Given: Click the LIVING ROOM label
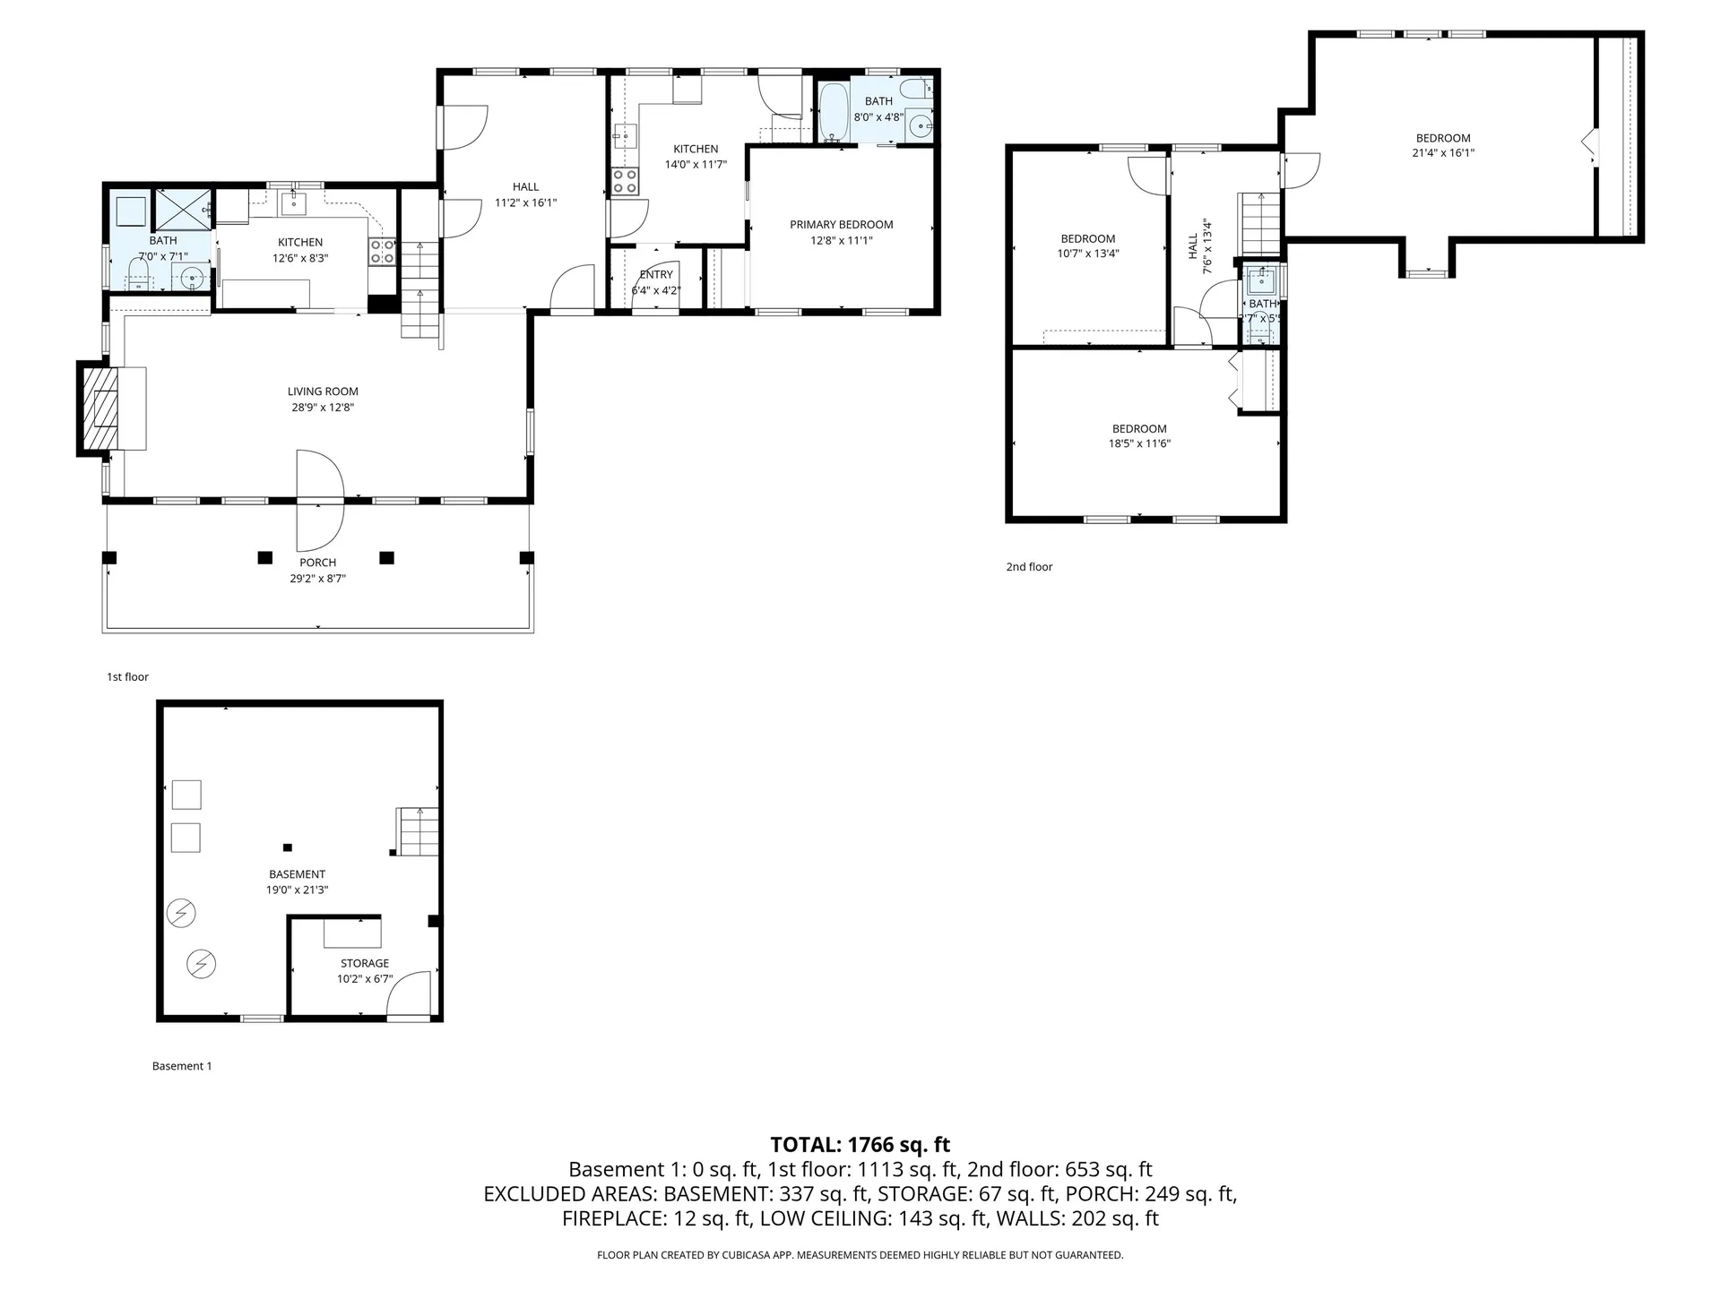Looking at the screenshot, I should (x=323, y=391).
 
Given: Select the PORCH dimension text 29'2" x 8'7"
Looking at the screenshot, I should (x=317, y=579).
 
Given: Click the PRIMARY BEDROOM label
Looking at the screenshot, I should (x=841, y=225).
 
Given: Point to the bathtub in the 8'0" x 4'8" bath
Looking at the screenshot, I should (x=834, y=114).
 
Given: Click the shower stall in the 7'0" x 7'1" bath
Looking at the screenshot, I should (x=184, y=210).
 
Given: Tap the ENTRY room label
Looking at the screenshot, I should (x=656, y=275).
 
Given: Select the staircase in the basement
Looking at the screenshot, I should (x=419, y=831).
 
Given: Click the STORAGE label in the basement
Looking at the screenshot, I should (x=365, y=964).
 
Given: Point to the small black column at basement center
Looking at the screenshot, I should (x=288, y=847).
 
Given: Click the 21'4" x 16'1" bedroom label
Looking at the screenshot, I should (x=1442, y=138).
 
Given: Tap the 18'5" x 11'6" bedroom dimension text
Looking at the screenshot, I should (x=1139, y=443).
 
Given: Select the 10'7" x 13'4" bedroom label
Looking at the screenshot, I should (x=1087, y=239).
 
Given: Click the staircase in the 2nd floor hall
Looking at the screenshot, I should (x=1259, y=224).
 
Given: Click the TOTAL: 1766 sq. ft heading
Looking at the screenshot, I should (x=860, y=1145).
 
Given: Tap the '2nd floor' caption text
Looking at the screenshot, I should (x=1029, y=567).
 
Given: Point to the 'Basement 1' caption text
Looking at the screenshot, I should (x=182, y=1066).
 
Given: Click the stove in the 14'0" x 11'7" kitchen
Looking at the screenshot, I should (x=625, y=181).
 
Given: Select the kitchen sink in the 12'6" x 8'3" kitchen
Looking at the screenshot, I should (x=294, y=203).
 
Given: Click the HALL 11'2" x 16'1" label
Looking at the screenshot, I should (x=525, y=187).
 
